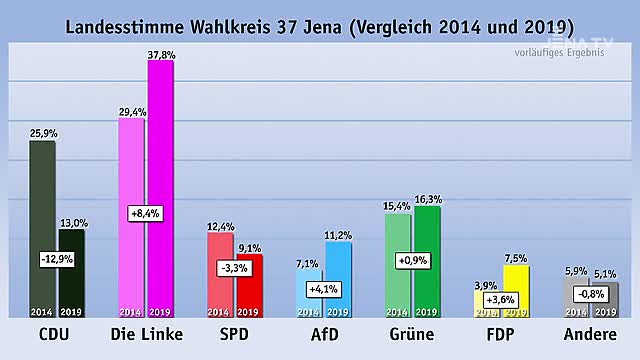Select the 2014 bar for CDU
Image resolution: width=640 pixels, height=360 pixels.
(42, 200)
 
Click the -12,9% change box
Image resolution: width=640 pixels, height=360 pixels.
(56, 259)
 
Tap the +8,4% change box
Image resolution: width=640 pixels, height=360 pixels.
(146, 213)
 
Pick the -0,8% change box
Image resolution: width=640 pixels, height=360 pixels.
(592, 293)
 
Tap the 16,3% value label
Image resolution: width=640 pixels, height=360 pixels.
(428, 200)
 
